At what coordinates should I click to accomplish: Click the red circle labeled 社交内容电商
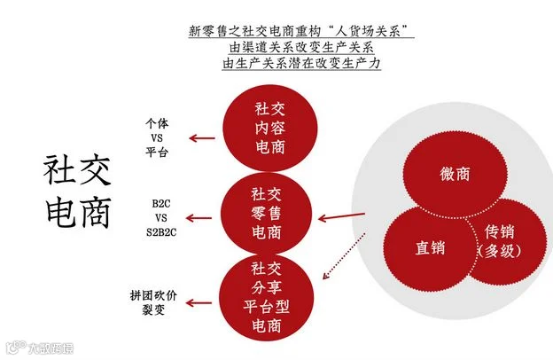click(269, 128)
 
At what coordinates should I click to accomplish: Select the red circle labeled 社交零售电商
click(267, 214)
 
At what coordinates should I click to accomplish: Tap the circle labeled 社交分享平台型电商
click(267, 297)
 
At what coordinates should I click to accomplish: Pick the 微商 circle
click(455, 174)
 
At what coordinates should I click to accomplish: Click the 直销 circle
click(430, 247)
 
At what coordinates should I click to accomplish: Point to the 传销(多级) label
click(499, 242)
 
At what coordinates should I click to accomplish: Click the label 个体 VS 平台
click(157, 137)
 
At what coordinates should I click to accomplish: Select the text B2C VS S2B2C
click(161, 218)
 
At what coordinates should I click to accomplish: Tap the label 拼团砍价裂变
click(153, 302)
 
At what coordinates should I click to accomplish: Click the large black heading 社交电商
click(78, 191)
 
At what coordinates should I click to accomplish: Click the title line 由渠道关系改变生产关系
click(301, 47)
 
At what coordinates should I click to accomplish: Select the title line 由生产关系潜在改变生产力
click(301, 64)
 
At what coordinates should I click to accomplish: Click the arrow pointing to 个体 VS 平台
click(202, 138)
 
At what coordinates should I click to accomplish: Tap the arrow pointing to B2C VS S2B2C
click(199, 218)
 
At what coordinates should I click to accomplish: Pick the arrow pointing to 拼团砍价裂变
click(199, 303)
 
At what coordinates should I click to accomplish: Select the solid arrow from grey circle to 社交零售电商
click(341, 216)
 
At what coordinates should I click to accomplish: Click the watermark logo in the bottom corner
click(16, 347)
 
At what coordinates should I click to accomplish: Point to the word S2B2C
click(161, 232)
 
